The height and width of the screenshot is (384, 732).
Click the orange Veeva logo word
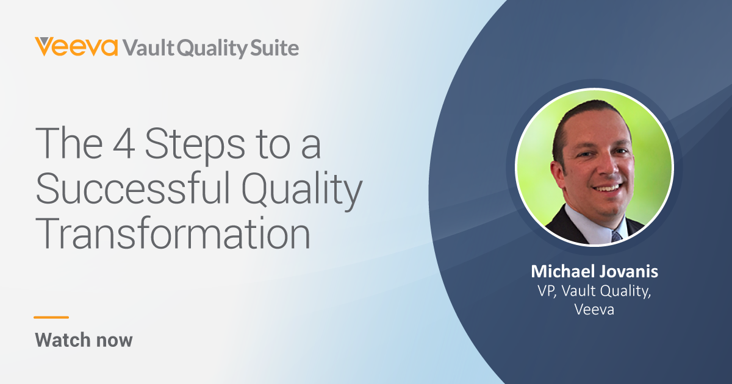[x=76, y=47]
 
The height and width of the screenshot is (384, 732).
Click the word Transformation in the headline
[x=173, y=233]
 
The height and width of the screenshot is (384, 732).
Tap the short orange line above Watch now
[x=51, y=317]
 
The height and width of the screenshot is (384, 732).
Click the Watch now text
[x=84, y=340]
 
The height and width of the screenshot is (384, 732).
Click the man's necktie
[x=616, y=235]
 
